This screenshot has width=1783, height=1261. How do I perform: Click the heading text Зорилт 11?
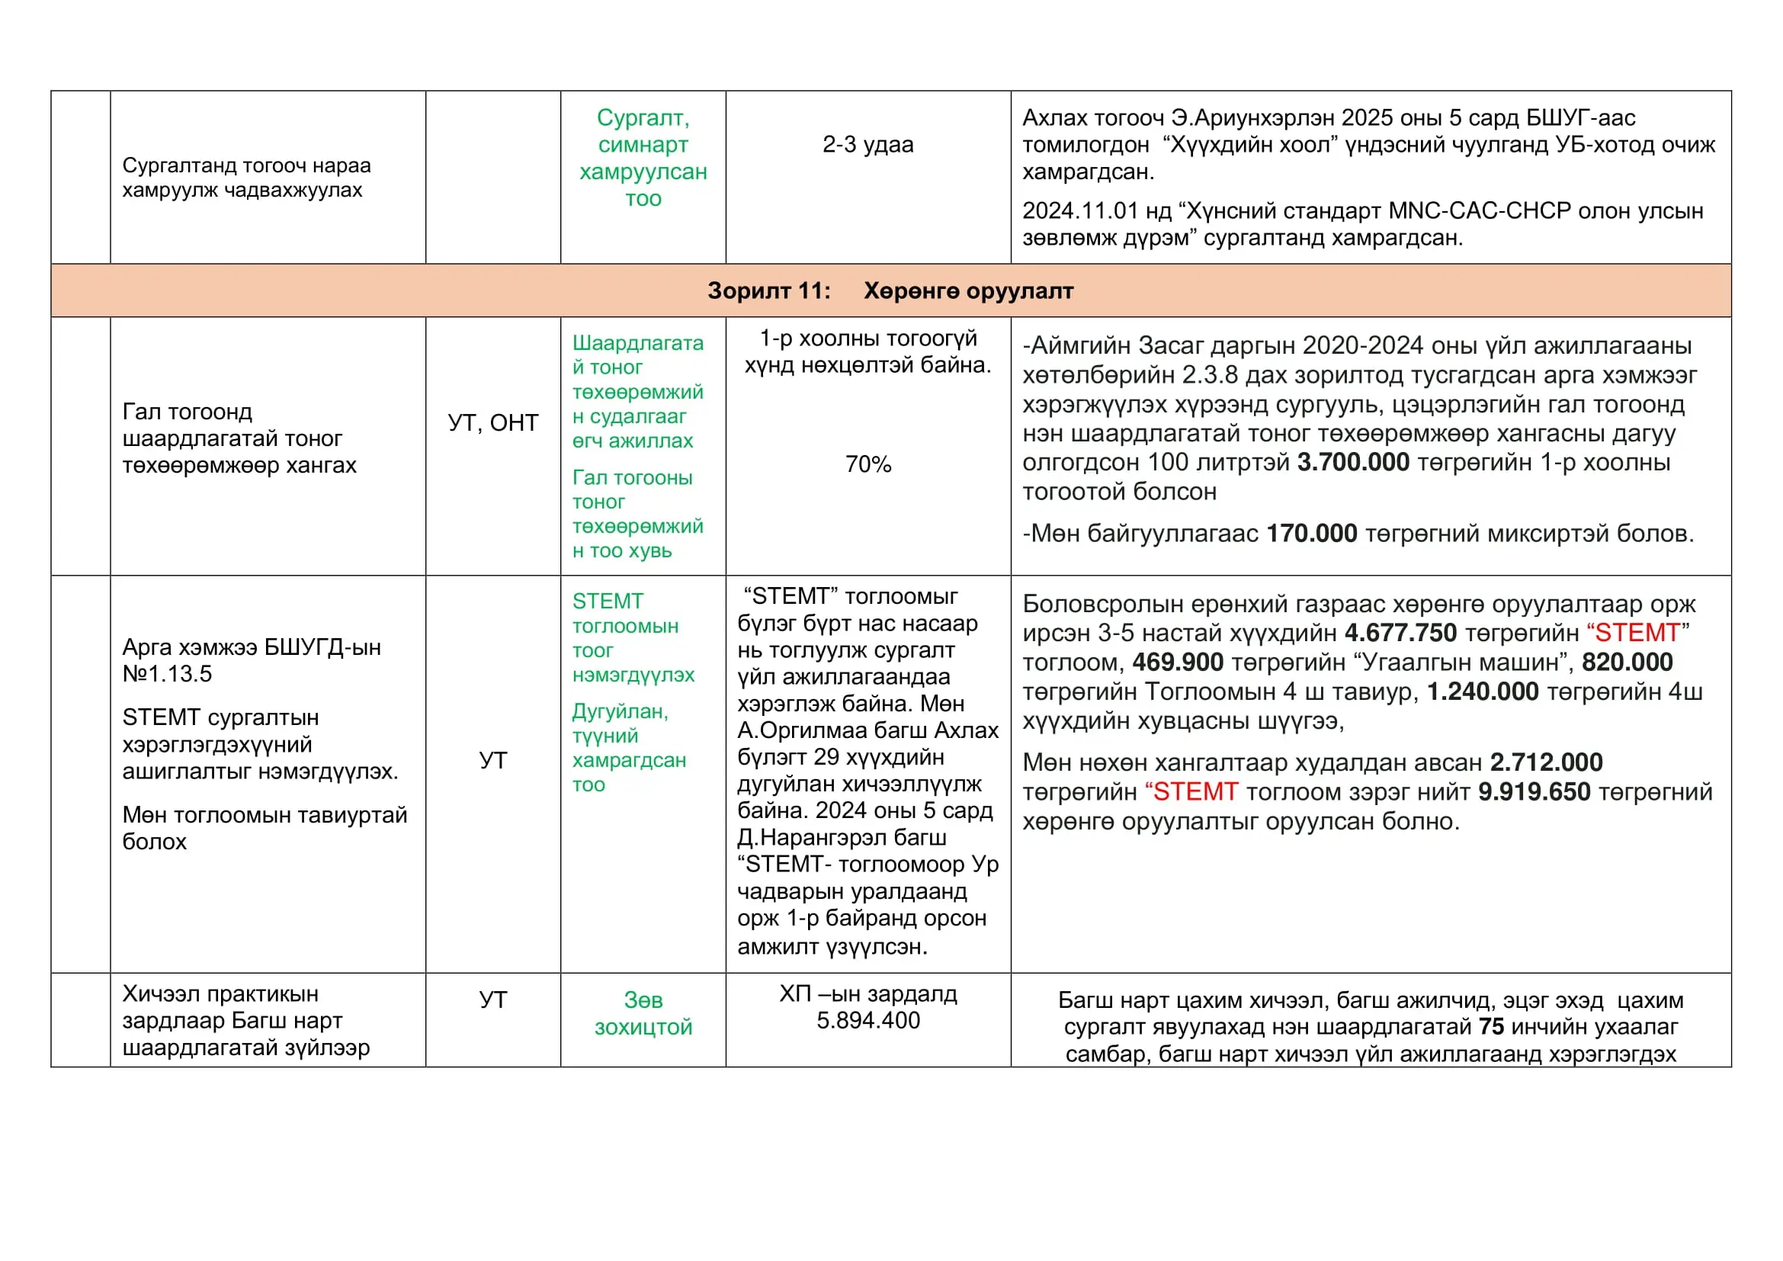point(768,290)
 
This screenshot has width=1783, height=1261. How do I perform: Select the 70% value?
point(867,464)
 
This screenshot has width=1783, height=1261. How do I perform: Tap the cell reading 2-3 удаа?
point(867,144)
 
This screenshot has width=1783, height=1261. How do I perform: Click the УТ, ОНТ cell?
point(493,422)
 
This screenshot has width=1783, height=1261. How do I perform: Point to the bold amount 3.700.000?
point(1353,462)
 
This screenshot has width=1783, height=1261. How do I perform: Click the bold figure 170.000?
point(1312,534)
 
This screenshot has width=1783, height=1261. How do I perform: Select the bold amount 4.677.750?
point(1400,633)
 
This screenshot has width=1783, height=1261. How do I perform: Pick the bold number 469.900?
point(1177,663)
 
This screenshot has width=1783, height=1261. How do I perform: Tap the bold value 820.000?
point(1627,663)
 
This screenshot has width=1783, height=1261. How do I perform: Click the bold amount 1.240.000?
point(1483,691)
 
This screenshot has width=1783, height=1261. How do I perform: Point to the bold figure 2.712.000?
point(1546,762)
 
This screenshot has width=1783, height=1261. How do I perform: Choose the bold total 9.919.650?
point(1534,792)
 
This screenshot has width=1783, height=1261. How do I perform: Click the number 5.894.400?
point(867,1020)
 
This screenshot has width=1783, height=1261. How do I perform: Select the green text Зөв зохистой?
point(643,1013)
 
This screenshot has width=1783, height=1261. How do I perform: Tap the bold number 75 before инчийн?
point(1491,1026)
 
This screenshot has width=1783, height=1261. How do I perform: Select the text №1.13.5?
point(167,674)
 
